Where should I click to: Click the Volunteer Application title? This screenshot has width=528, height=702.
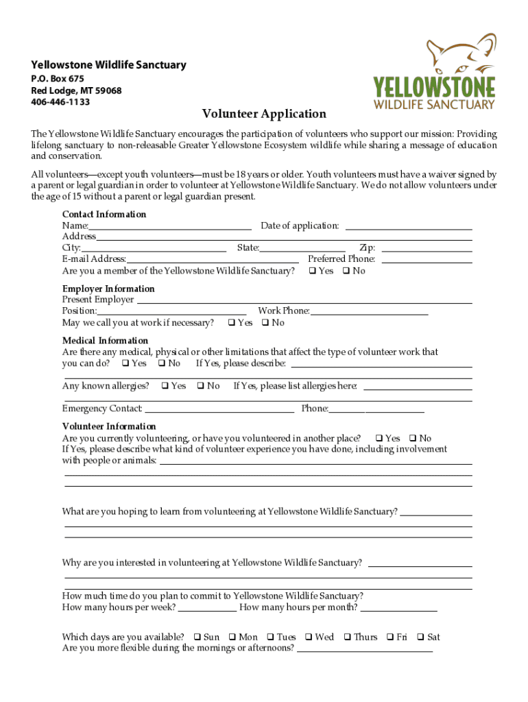coord(264,114)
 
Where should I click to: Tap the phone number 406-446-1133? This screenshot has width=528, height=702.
coord(60,102)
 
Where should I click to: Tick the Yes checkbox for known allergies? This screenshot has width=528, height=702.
coord(165,387)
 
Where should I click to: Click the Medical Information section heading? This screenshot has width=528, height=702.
coord(105,341)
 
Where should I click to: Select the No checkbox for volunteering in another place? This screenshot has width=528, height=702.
coord(413,439)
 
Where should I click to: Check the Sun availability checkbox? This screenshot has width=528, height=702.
coord(197,638)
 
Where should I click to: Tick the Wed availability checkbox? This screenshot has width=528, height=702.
coord(309,638)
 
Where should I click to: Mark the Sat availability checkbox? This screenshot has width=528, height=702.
coord(421,638)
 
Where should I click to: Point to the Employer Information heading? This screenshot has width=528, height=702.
coord(108,289)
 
